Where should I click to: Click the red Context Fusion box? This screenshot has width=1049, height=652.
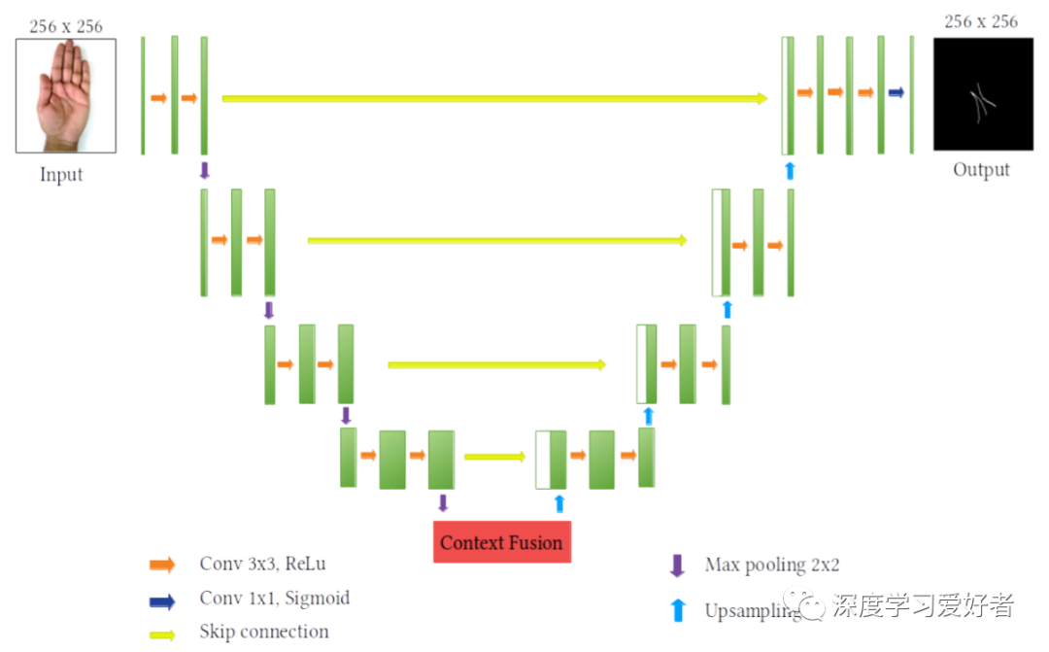pos(501,542)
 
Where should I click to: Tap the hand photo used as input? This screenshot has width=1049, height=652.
pos(65,95)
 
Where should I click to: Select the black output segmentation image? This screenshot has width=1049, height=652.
pos(982,94)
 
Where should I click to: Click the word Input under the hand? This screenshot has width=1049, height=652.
pos(61,175)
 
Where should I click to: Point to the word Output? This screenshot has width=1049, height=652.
pos(981,170)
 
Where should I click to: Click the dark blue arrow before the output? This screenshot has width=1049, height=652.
pos(896,92)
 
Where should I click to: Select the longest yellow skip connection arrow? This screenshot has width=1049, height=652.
pos(494,98)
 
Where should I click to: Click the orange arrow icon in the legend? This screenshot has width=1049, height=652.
pos(162,565)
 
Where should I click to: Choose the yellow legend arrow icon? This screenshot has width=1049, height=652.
pos(162,634)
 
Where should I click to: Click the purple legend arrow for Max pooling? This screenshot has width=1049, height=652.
pos(677,566)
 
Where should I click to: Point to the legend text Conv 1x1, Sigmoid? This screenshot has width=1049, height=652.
pos(275,599)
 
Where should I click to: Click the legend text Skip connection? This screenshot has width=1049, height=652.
pos(264,632)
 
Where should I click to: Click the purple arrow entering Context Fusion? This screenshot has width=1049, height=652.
pos(443,502)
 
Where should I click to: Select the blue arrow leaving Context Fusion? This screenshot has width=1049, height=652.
pos(558,502)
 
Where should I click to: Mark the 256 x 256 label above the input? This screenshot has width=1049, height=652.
pos(65,26)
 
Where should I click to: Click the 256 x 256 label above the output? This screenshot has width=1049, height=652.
pos(981,21)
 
